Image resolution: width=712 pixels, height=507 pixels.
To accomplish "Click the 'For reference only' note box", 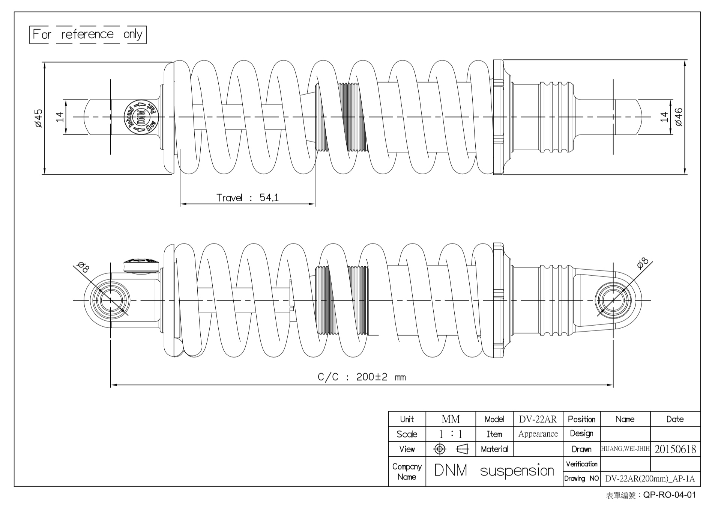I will [x=88, y=35].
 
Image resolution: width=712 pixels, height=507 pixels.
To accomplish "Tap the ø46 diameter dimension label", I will [x=679, y=117].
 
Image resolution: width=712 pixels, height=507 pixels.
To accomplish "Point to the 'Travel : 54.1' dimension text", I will [x=248, y=198].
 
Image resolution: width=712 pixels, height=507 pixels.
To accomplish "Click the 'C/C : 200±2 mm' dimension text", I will [x=362, y=377].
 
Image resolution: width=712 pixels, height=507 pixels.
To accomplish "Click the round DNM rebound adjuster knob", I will [x=141, y=117].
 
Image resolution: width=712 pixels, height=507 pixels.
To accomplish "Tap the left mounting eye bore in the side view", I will [x=110, y=300].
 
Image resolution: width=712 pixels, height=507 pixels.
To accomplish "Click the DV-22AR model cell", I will [x=538, y=419].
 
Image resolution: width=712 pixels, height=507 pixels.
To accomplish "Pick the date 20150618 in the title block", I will [x=675, y=449].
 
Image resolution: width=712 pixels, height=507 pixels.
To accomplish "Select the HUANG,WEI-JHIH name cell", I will [x=625, y=449].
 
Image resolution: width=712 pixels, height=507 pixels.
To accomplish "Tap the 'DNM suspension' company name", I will [x=494, y=471].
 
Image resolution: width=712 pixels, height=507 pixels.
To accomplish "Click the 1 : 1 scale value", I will [x=451, y=434].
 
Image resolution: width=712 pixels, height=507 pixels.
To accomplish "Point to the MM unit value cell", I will [x=451, y=419].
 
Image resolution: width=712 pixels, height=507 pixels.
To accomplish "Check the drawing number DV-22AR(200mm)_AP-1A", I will [x=650, y=479].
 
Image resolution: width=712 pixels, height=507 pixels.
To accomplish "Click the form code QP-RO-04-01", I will [x=669, y=495].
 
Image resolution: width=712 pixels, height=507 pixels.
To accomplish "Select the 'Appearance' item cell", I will [x=538, y=434].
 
